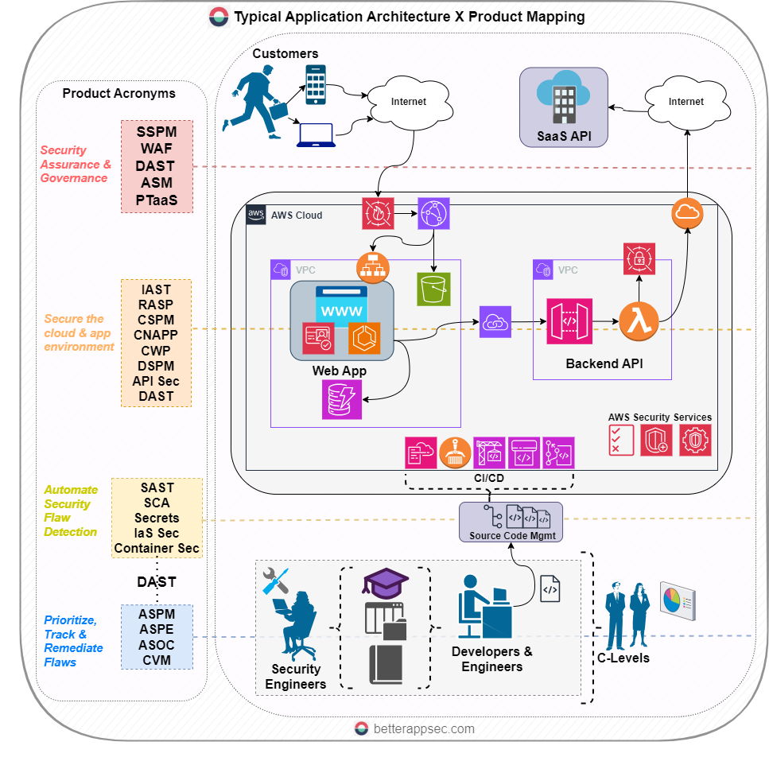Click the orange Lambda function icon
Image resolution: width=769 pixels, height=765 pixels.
(640, 321)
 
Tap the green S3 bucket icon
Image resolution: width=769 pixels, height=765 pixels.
(434, 289)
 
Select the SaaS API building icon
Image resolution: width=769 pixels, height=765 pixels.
(563, 99)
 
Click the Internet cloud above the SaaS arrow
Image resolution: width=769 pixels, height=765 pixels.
(685, 102)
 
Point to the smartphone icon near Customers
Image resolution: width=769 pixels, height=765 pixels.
(316, 84)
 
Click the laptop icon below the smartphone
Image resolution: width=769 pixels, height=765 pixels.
(316, 134)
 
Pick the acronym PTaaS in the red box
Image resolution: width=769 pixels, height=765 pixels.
(157, 200)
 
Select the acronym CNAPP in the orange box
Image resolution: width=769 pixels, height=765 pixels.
(156, 335)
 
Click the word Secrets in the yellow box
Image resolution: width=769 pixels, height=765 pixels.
(157, 518)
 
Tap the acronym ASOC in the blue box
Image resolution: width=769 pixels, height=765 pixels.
(156, 644)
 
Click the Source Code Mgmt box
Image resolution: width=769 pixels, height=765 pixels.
(511, 522)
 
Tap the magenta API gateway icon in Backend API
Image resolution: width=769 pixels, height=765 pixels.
(569, 321)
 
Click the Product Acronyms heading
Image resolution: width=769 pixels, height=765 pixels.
(119, 93)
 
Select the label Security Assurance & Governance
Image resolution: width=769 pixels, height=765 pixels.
(75, 164)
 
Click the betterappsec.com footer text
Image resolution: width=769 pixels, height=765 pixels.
(423, 728)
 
